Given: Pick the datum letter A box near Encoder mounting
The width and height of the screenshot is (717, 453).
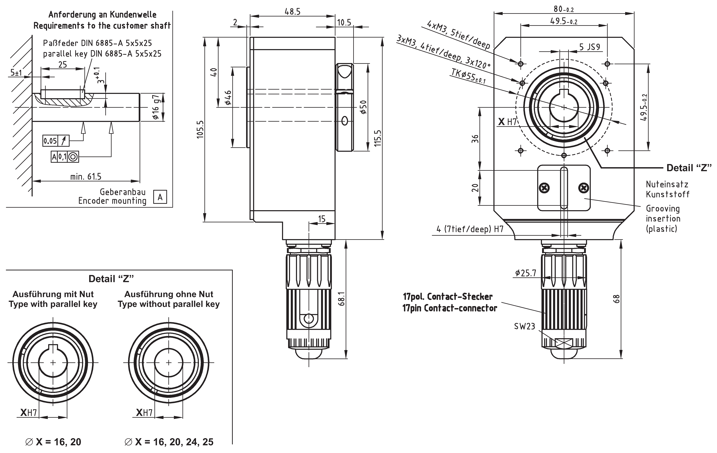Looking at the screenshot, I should coord(160,197).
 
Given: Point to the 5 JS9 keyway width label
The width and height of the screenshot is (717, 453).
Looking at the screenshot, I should coord(590,47).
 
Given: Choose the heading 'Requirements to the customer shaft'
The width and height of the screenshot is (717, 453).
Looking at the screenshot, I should coord(102,26).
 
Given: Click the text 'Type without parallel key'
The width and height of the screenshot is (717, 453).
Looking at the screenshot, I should coord(169,304).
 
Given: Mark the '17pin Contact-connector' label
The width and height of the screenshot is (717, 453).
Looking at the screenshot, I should coord(450,308).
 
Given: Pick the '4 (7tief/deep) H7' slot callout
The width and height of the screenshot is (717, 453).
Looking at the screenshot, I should coord(470,229).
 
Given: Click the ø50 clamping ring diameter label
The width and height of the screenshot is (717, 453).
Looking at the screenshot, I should coord(364,107).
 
